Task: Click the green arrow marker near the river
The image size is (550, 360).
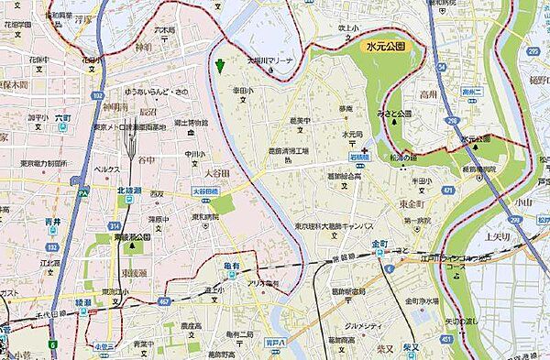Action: tap(220, 64)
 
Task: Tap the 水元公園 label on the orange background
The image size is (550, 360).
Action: tap(384, 44)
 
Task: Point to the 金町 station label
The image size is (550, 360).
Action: tap(381, 245)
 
